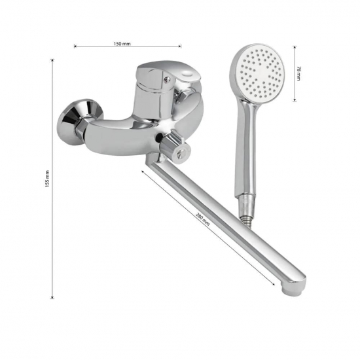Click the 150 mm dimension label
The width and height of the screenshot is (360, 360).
[x=122, y=44]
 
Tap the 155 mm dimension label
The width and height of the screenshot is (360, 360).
[x=47, y=179]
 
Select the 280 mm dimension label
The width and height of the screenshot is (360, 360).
[x=202, y=219]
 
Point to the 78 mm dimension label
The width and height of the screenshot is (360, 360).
[x=298, y=73]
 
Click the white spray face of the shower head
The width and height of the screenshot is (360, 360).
[x=260, y=73]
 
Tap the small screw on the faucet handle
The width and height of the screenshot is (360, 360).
[x=168, y=79]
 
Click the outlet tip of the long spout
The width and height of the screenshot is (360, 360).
[x=292, y=291]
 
